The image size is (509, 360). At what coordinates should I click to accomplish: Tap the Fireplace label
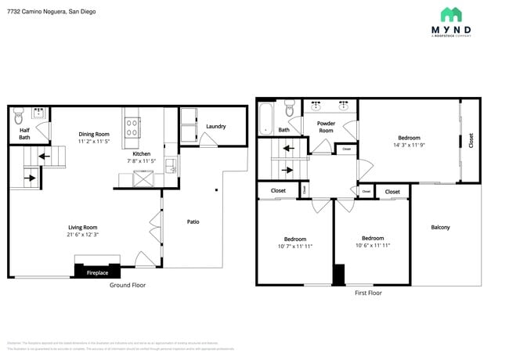tap(97, 273)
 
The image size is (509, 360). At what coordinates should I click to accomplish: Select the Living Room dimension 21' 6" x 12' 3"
tap(82, 234)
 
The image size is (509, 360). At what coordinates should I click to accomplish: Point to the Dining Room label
tap(94, 134)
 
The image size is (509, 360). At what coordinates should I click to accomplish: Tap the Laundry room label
tap(216, 126)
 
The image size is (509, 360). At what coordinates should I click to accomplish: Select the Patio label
tap(193, 221)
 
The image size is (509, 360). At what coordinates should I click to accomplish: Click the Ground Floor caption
tap(127, 285)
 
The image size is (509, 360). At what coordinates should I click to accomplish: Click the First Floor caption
tap(368, 292)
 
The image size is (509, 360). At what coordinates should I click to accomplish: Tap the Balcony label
tap(440, 227)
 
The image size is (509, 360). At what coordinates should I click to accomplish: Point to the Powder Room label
tap(326, 127)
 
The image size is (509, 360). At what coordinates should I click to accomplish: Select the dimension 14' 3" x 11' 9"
tap(409, 145)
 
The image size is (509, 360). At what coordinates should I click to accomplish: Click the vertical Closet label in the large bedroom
tap(471, 141)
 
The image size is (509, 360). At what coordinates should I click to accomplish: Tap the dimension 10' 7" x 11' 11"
tap(295, 246)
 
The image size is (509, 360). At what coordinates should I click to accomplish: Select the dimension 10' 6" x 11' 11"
tap(373, 245)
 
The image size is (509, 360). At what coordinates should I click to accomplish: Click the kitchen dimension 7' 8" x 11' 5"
tap(142, 161)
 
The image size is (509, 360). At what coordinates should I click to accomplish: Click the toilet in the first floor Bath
tap(290, 110)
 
